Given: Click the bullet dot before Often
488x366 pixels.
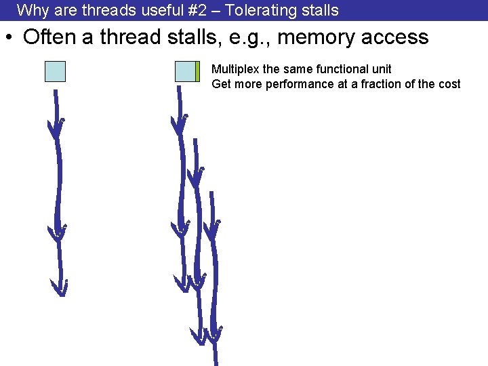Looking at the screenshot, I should (10, 38).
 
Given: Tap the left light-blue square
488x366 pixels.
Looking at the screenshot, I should (55, 71).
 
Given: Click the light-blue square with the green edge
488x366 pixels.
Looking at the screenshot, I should (185, 71).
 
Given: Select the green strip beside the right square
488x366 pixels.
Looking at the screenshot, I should (197, 71).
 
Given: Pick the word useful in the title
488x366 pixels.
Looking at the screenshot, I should (154, 10).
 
